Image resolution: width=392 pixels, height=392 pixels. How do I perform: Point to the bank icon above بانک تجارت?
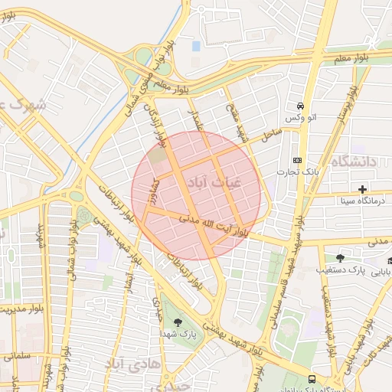(298, 160)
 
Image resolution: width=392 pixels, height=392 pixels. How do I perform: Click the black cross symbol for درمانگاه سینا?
(362, 188)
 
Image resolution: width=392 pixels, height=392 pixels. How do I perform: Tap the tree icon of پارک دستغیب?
(340, 259)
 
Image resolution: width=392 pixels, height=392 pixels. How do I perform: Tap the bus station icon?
(312, 379)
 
